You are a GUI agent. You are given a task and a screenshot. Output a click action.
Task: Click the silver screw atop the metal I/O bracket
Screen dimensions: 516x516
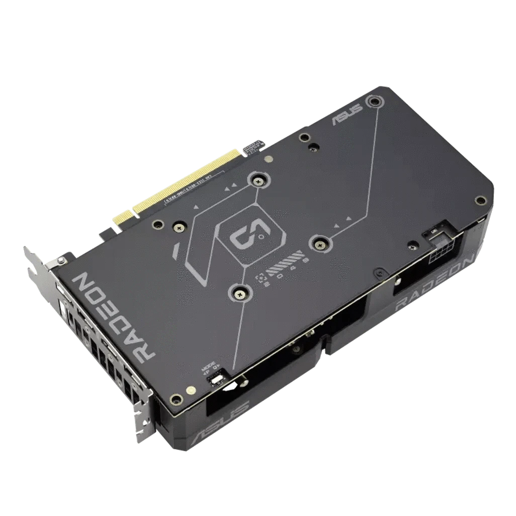pyautogui.click(x=61, y=260)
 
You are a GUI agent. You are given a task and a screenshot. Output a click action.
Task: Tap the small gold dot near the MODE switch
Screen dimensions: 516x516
pyautogui.click(x=191, y=389)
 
